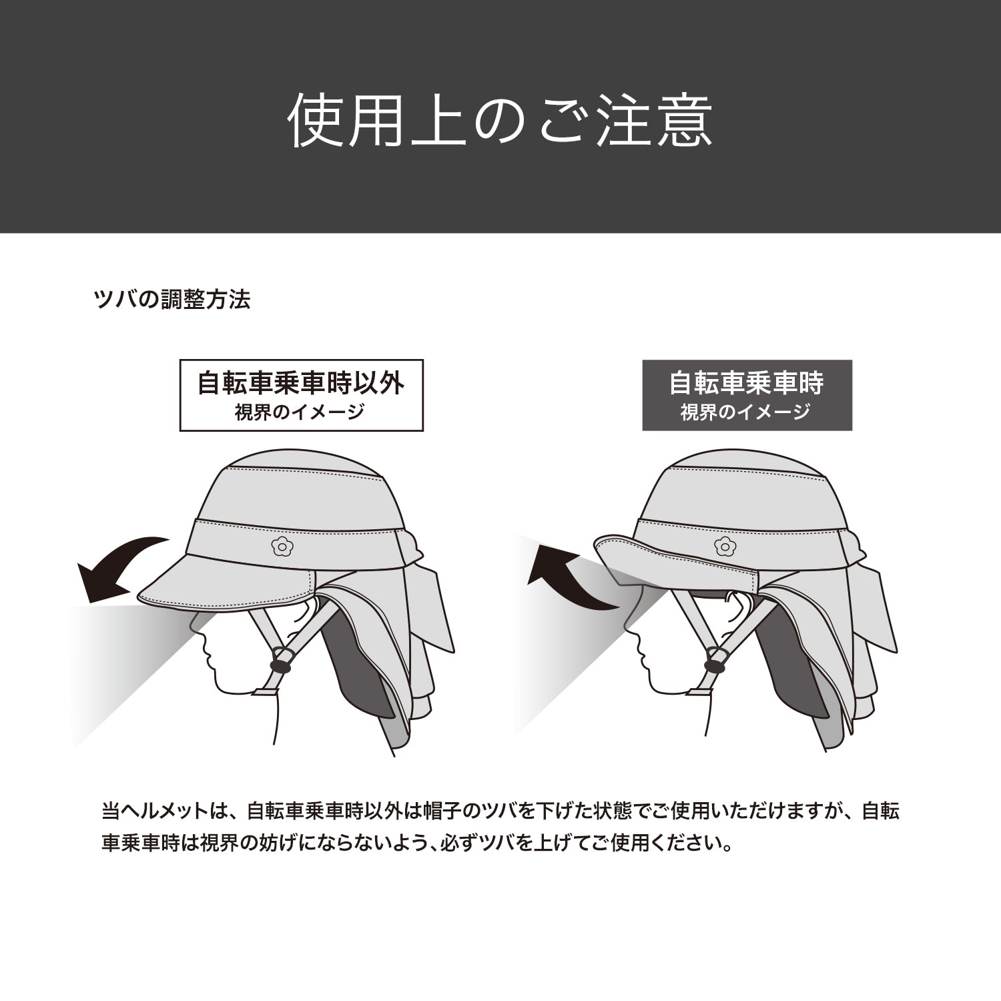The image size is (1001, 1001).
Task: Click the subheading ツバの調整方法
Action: pos(173,300)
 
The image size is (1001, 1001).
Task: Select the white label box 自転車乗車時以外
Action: pos(302,396)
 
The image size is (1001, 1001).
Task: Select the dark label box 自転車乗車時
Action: pos(747,395)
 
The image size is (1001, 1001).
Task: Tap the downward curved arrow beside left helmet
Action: pos(120,567)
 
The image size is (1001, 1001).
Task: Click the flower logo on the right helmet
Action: pos(722,545)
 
